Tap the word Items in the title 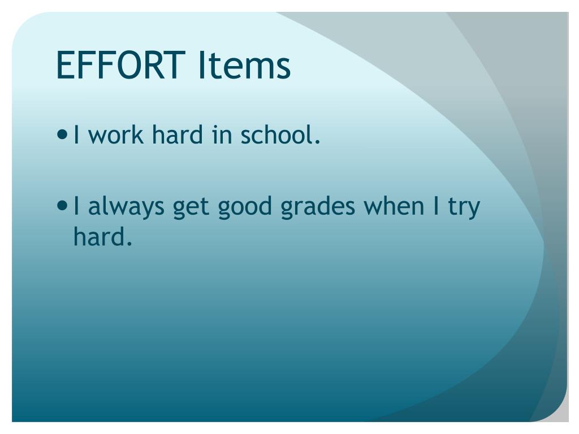pos(244,65)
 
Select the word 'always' pos(124,207)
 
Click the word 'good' pos(246,207)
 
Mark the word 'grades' pos(318,207)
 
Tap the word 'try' pos(464,207)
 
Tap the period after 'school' pos(317,142)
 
